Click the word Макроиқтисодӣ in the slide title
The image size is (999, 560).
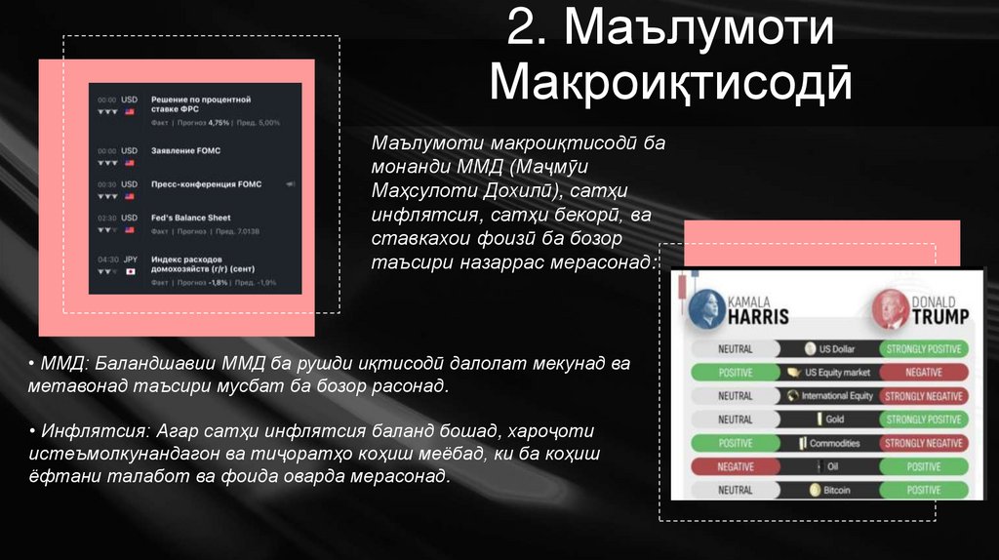coord(670,84)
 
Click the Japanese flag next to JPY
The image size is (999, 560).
coord(130,272)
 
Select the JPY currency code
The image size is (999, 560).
coord(130,260)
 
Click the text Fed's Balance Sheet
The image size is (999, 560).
coord(191,218)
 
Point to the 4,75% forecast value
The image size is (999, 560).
coord(219,123)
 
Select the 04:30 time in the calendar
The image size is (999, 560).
coord(107,260)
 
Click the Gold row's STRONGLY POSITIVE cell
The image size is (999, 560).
coord(922,420)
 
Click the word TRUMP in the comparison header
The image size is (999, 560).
coord(939,317)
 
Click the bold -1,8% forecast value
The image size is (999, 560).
coord(218,283)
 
